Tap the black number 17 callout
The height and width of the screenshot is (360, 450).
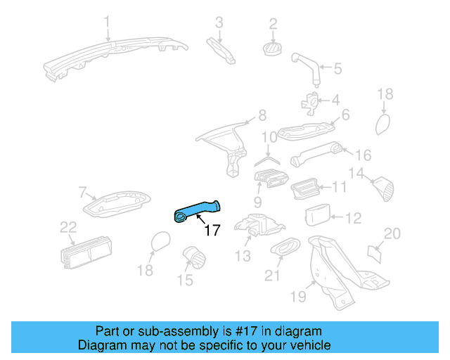(x=212, y=229)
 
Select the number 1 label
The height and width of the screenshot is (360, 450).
(x=108, y=22)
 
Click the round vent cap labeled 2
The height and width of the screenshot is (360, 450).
(x=272, y=48)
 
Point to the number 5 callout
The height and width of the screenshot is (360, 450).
(x=337, y=69)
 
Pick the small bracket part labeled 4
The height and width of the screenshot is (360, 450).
(x=310, y=102)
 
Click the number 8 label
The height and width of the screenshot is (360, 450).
(x=262, y=115)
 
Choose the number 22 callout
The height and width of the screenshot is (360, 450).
(x=67, y=226)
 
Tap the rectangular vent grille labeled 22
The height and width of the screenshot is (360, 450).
(x=84, y=249)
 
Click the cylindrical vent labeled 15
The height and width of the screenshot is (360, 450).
(x=192, y=257)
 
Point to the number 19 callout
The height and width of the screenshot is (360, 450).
(x=299, y=297)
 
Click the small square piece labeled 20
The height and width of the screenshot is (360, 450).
(x=376, y=251)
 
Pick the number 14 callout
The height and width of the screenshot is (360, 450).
(x=357, y=173)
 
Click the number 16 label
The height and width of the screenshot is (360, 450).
(x=364, y=155)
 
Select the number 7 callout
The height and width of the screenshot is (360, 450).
(x=82, y=192)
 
